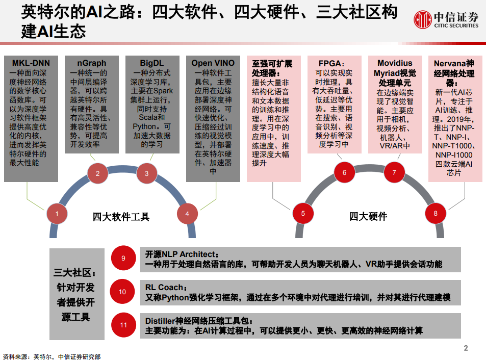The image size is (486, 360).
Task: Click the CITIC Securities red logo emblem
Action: click(x=422, y=19)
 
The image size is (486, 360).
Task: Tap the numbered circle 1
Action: click(x=57, y=214)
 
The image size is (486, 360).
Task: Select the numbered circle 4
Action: click(x=187, y=214)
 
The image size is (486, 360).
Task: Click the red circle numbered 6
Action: click(x=344, y=172)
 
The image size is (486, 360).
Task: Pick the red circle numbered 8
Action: click(x=436, y=213)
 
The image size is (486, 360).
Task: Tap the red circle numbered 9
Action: click(x=123, y=258)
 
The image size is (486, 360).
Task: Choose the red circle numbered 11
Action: click(x=123, y=325)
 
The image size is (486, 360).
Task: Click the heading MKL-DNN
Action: click(x=31, y=63)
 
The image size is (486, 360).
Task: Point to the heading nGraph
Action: click(x=91, y=63)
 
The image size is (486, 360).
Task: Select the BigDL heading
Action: click(x=152, y=63)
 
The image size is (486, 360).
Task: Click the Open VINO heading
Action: click(x=213, y=63)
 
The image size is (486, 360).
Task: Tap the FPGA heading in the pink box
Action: click(x=331, y=64)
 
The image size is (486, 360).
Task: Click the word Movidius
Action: click(x=395, y=63)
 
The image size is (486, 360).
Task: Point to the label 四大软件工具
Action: click(x=121, y=217)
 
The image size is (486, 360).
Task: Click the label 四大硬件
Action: click(x=368, y=216)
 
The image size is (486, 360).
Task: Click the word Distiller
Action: click(x=160, y=321)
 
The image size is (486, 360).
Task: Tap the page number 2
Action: click(x=466, y=348)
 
